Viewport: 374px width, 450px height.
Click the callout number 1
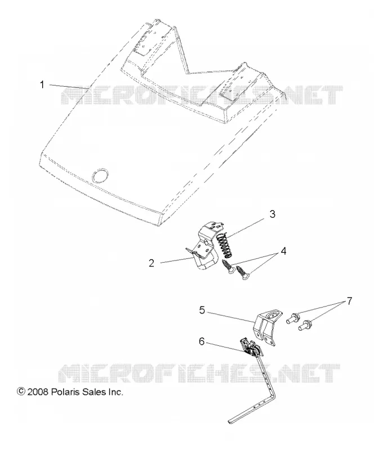click(x=42, y=85)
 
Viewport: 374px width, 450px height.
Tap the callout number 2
click(x=152, y=263)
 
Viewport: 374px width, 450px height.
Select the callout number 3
click(x=272, y=214)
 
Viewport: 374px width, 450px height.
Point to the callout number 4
click(x=283, y=251)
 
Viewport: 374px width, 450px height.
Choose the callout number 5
click(x=202, y=310)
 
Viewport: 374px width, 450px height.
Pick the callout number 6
click(x=202, y=341)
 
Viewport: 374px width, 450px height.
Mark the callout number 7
click(x=349, y=301)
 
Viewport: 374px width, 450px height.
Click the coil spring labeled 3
click(x=225, y=244)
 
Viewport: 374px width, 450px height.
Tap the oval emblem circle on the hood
click(x=100, y=175)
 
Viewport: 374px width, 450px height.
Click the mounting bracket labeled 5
click(x=268, y=327)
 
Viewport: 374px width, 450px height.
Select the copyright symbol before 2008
click(x=21, y=391)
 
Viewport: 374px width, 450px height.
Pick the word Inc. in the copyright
click(x=115, y=392)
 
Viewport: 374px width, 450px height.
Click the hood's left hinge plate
click(x=143, y=42)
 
